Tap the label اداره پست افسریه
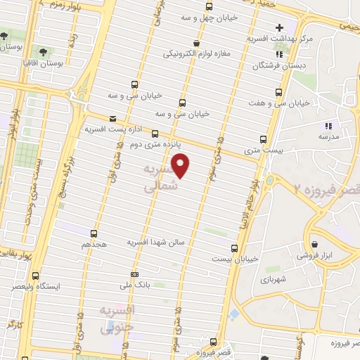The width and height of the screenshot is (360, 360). (109, 130)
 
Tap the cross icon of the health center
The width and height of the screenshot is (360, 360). (280, 27)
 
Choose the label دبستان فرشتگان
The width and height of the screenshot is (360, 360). (280, 65)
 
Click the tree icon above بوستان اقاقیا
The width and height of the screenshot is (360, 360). (44, 52)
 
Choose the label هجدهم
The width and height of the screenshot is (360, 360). (94, 243)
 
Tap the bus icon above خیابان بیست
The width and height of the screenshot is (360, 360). (235, 247)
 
